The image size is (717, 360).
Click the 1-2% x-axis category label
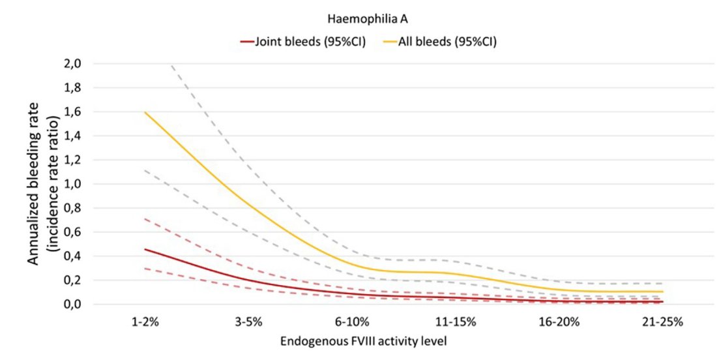coord(144,323)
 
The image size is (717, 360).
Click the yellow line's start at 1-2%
coord(145,112)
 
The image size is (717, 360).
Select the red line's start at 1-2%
coord(145,249)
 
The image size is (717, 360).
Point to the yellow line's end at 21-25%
coord(662,292)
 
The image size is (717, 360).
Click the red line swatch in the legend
coord(246,41)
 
